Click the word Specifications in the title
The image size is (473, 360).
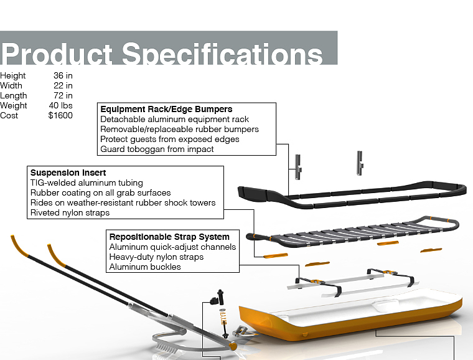222,54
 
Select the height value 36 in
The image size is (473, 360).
63,76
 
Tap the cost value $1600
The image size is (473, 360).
60,116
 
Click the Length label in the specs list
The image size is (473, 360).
14,96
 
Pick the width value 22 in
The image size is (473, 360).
63,86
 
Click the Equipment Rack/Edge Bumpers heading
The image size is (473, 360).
166,109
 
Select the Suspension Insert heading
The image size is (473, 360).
68,173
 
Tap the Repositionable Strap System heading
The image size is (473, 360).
169,237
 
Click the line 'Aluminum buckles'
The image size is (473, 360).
145,267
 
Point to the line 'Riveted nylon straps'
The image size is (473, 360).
70,212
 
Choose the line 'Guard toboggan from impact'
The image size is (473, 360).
157,149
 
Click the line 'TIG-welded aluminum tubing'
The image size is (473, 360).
87,182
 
